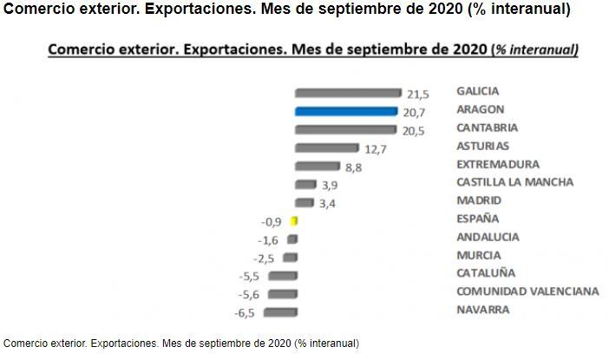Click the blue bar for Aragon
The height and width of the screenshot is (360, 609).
point(347,111)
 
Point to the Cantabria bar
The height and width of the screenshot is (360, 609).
point(347,129)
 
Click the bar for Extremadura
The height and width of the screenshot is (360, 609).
point(318,166)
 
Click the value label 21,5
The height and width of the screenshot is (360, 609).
point(418,94)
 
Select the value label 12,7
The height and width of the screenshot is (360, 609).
point(376,149)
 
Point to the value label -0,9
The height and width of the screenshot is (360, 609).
point(272,220)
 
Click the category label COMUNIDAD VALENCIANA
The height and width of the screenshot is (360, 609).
point(527,291)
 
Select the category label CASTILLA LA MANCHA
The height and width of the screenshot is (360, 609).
point(514,182)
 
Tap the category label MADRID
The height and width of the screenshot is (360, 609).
point(479,200)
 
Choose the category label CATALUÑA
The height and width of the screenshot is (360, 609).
point(484,273)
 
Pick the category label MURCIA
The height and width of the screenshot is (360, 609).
point(478,255)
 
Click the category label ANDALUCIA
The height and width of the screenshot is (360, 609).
point(488,237)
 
